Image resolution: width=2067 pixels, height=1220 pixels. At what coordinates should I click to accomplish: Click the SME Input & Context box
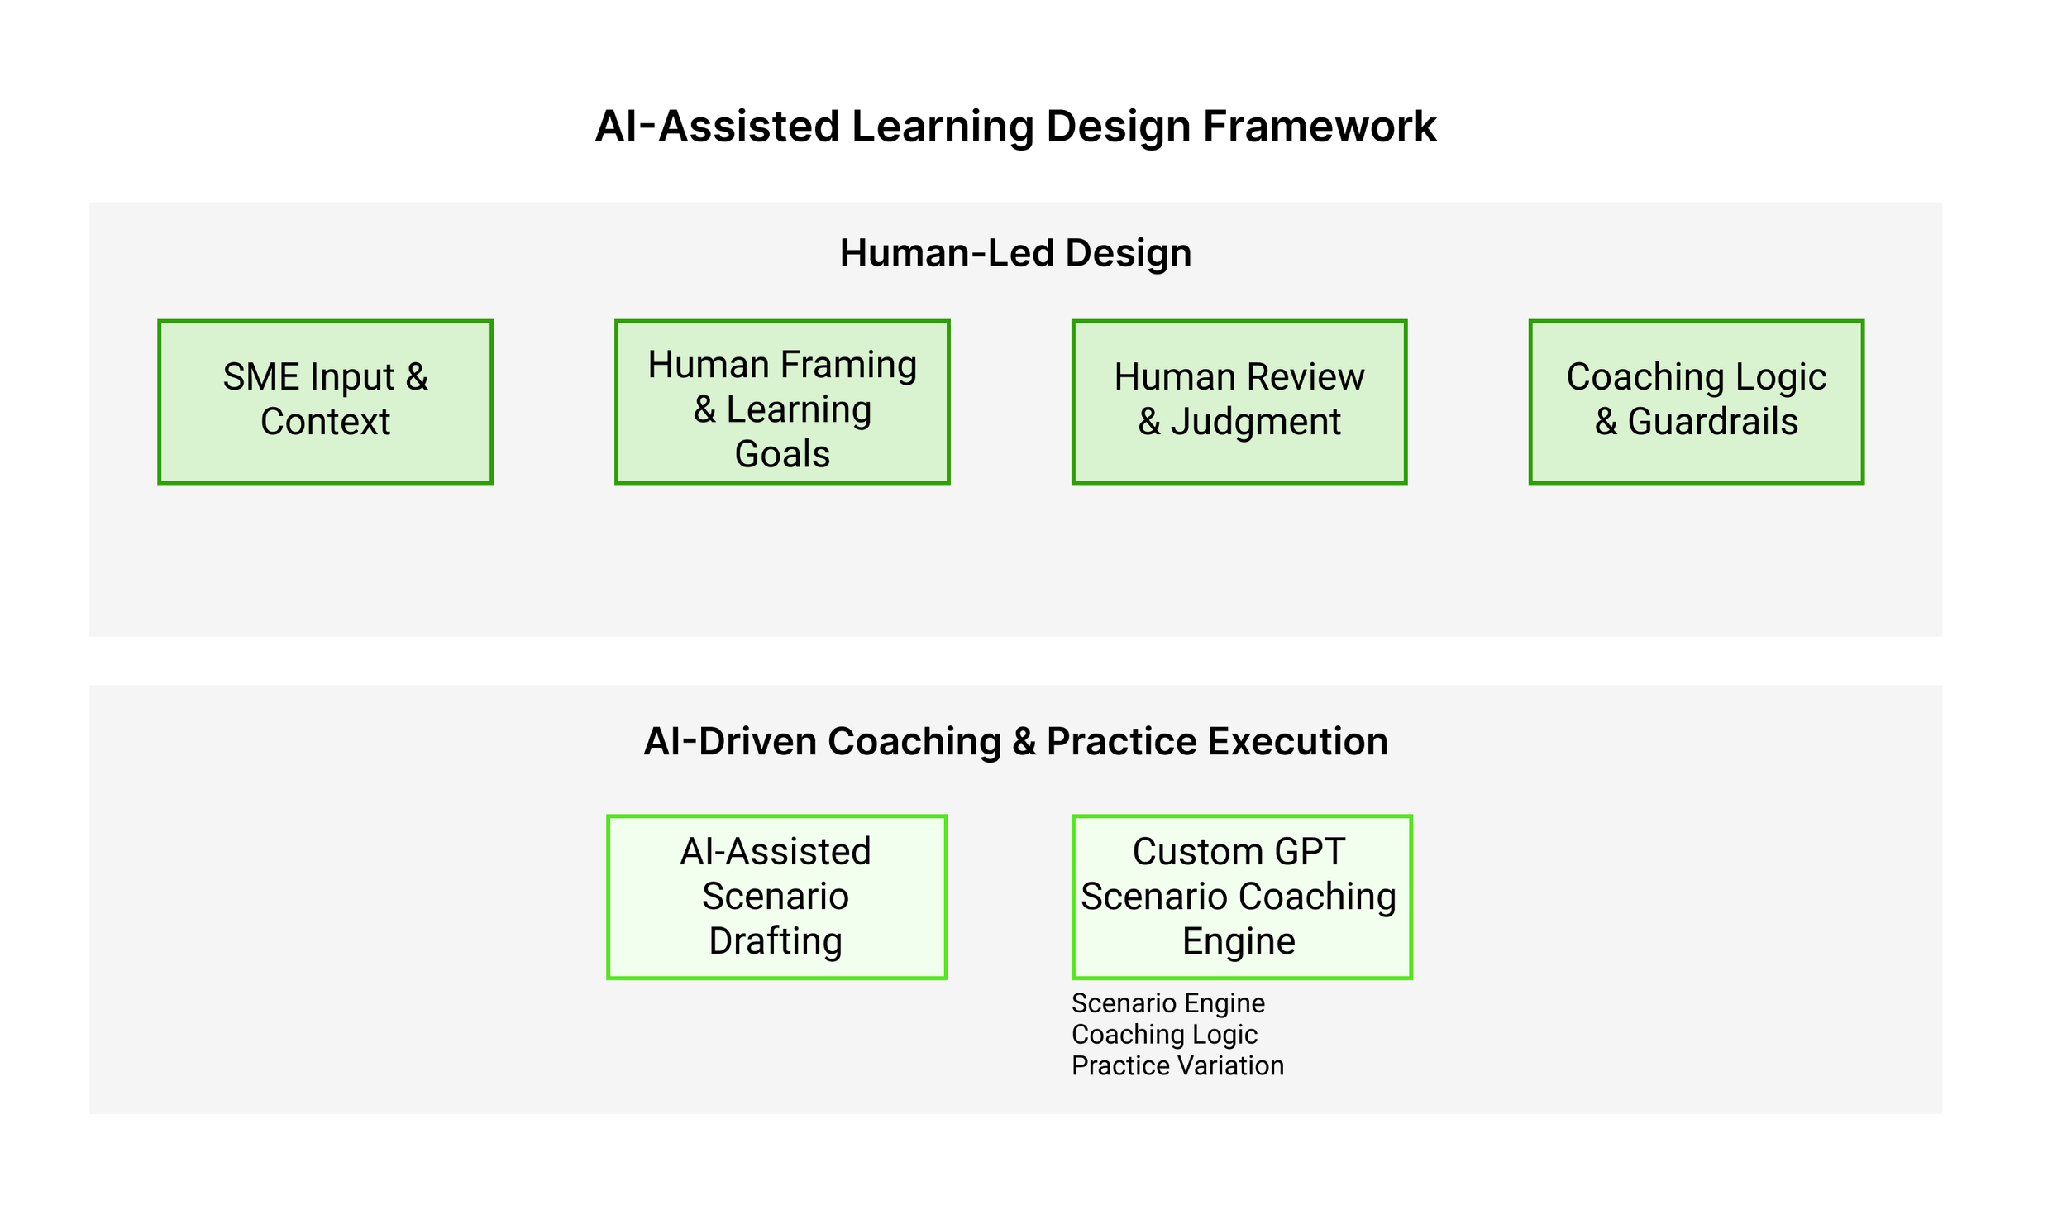(x=325, y=401)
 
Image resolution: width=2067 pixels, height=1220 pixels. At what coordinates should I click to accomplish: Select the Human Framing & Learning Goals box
(x=782, y=401)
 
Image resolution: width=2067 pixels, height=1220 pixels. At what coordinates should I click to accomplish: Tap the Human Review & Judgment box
(x=1239, y=401)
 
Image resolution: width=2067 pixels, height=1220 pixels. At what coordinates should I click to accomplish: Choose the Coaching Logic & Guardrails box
(x=1696, y=401)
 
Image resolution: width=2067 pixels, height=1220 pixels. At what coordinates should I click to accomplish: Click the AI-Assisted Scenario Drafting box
(x=776, y=897)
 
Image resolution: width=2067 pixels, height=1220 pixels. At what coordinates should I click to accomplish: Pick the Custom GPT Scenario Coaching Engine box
(x=1241, y=897)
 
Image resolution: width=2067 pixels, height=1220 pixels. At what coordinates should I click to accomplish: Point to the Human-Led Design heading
(x=1015, y=253)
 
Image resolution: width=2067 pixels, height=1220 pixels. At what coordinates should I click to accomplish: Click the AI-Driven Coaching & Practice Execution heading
(x=1015, y=741)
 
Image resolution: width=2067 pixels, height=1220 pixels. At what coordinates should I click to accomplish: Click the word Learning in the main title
(x=942, y=127)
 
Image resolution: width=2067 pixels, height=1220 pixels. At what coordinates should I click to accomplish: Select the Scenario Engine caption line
(x=1167, y=1003)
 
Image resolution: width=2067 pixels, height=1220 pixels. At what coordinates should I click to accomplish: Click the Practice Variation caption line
(x=1177, y=1066)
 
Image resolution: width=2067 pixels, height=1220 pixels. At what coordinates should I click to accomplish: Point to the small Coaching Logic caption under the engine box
(x=1164, y=1035)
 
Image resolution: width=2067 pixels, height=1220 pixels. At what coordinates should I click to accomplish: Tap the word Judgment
(x=1255, y=422)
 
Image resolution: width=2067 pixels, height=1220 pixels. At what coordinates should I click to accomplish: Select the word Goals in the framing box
(x=782, y=454)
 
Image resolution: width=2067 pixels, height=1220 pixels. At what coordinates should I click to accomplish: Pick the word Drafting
(x=776, y=941)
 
